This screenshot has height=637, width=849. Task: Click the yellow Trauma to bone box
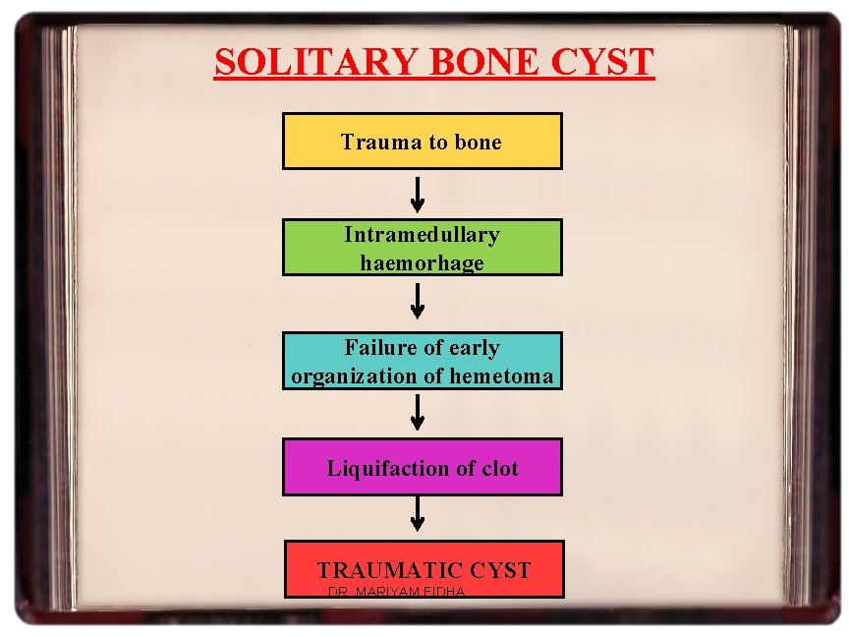[423, 141]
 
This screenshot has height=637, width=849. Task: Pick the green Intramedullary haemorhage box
[423, 247]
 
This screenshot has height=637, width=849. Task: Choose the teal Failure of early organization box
[423, 361]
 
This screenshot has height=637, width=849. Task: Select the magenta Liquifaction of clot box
[423, 467]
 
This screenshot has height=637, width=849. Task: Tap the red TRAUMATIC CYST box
[424, 568]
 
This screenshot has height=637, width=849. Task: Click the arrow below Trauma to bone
[418, 194]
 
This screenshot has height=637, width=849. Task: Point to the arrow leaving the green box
[418, 301]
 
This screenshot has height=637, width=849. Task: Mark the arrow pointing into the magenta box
[418, 412]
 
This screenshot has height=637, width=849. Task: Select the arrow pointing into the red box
[418, 513]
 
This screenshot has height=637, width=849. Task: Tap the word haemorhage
[422, 262]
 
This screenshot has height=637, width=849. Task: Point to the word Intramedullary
[422, 235]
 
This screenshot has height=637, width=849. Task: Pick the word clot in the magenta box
[499, 468]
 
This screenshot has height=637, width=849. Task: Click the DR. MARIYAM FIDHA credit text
[396, 592]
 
